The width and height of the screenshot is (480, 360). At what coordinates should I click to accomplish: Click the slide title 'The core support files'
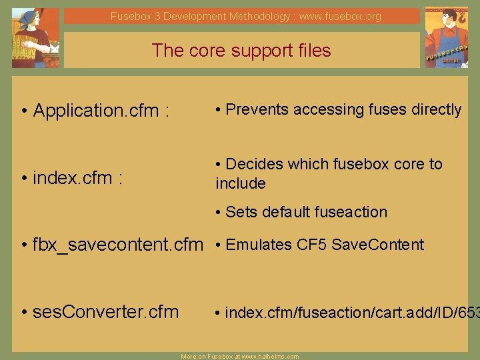pyautogui.click(x=241, y=51)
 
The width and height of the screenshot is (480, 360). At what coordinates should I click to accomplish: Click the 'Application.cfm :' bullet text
pyautogui.click(x=101, y=111)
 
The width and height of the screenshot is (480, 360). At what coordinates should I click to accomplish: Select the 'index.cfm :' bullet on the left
pyautogui.click(x=77, y=178)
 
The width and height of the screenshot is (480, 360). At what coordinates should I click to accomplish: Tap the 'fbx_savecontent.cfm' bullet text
pyautogui.click(x=117, y=245)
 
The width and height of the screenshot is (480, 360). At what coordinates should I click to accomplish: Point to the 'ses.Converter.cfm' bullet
pyautogui.click(x=105, y=311)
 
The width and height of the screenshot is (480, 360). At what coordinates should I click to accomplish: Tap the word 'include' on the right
pyautogui.click(x=241, y=183)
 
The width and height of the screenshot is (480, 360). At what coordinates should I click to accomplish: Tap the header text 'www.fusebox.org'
pyautogui.click(x=340, y=16)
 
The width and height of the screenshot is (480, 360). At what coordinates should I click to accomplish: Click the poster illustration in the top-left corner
pyautogui.click(x=35, y=38)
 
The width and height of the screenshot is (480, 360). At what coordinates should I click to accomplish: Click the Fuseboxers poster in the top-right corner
pyautogui.click(x=447, y=38)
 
